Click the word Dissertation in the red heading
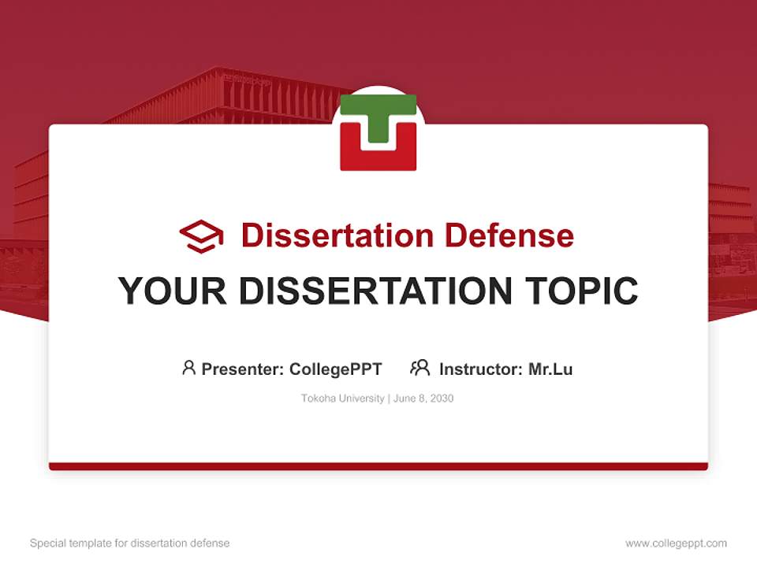tap(337, 235)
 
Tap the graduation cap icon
tap(201, 235)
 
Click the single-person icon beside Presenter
tap(188, 368)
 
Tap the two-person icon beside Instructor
tap(420, 368)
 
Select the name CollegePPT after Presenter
tap(335, 369)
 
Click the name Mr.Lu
tap(550, 369)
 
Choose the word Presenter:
tap(243, 369)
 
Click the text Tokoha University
tap(342, 398)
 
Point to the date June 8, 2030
tap(423, 398)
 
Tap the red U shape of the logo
tap(378, 157)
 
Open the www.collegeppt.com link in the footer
tap(676, 543)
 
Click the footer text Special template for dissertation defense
tap(130, 543)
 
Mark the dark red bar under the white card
tap(378, 466)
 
